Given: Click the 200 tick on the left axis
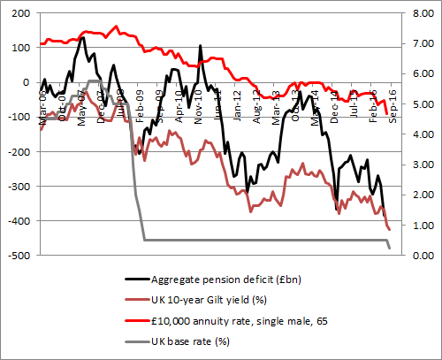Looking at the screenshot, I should click(x=16, y=13).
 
